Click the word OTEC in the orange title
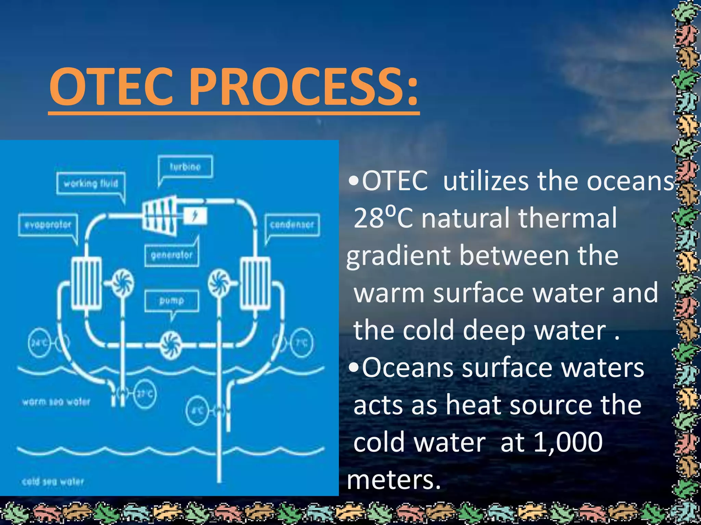coord(113,86)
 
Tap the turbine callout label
coord(185,167)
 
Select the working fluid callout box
coord(91,184)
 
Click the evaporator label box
coord(48,225)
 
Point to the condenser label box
coord(292,225)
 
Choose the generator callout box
coord(171,255)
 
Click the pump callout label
coord(171,300)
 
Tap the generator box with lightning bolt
coord(195,216)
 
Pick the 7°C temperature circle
coord(301,342)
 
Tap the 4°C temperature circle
coord(197,410)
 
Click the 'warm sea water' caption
coord(56,402)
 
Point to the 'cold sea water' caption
coord(53,482)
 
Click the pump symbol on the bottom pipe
coord(170,345)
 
